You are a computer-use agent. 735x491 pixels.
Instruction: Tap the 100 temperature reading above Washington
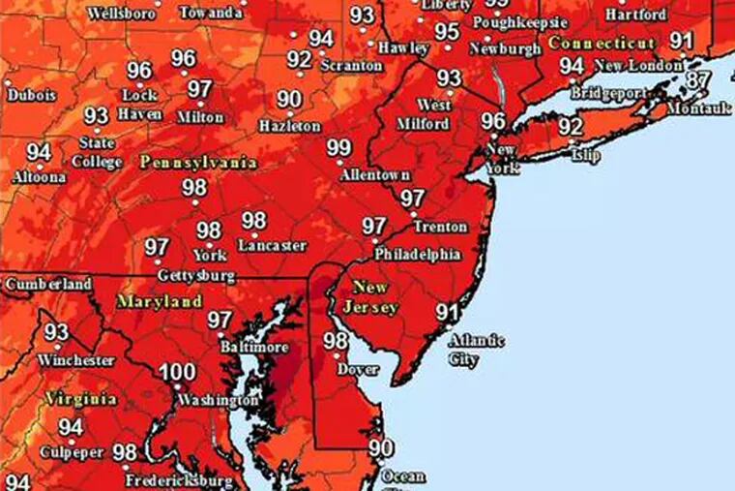[177, 373]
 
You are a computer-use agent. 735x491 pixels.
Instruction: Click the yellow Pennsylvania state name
[197, 162]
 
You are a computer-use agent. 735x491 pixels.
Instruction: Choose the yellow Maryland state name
[160, 301]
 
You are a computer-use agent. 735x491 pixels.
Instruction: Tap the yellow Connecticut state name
[601, 44]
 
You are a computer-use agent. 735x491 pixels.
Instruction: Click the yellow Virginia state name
[80, 398]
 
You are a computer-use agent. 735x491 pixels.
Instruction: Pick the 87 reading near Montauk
[698, 80]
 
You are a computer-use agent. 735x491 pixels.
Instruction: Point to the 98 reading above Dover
[336, 341]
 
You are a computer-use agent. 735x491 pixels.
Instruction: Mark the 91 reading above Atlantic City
[447, 312]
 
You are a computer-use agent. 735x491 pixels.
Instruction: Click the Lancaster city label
[272, 246]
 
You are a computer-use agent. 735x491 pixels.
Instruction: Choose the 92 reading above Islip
[571, 127]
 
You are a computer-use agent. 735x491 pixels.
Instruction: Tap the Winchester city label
[76, 360]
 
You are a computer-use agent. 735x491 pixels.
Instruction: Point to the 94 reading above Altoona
[39, 152]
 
